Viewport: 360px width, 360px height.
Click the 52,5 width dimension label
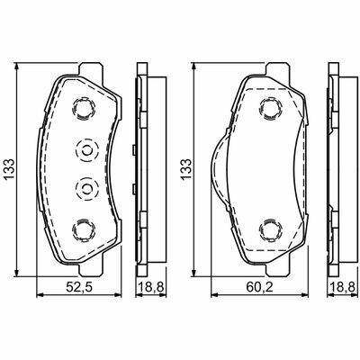(79, 288)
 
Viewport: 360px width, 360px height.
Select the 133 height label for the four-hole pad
(9, 169)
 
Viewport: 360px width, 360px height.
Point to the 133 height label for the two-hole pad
(185, 169)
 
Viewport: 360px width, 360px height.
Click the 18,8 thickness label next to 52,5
(151, 288)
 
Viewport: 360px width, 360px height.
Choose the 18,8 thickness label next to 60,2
(342, 288)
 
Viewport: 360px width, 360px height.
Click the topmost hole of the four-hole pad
(84, 108)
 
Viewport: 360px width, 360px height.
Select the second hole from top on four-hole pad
(87, 150)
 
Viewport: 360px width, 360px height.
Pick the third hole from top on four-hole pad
(87, 188)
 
